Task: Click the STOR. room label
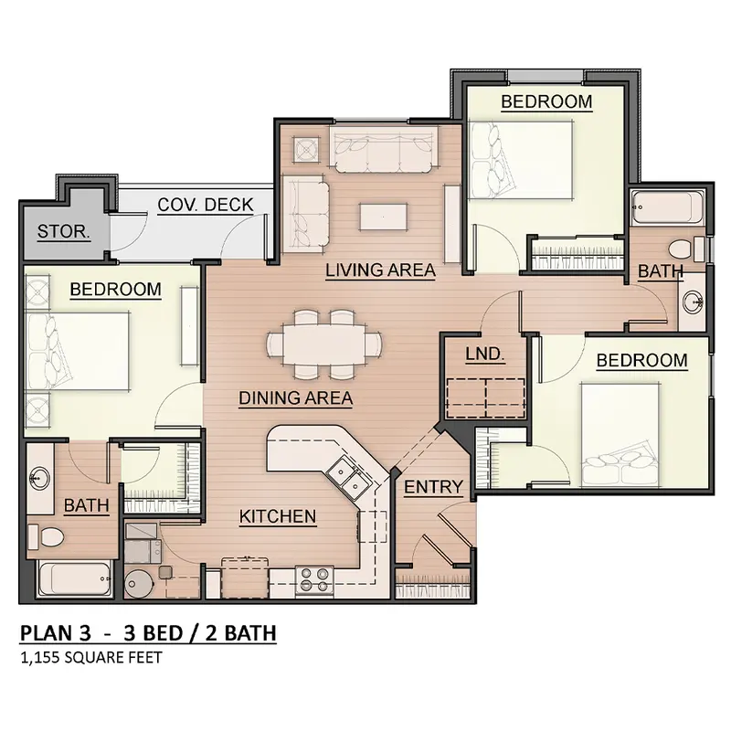point(63,232)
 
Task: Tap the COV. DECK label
point(205,205)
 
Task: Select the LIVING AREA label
point(380,270)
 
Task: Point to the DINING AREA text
point(295,398)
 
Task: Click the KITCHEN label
point(278,516)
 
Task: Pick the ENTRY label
point(433,487)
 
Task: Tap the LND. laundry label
point(485,354)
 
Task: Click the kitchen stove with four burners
point(314,581)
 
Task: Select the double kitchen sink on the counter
point(349,479)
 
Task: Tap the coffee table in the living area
point(384,217)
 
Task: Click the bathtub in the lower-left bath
point(76,578)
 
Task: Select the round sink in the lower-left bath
point(40,478)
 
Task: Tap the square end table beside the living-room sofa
point(306,149)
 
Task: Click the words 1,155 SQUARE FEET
point(91,658)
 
